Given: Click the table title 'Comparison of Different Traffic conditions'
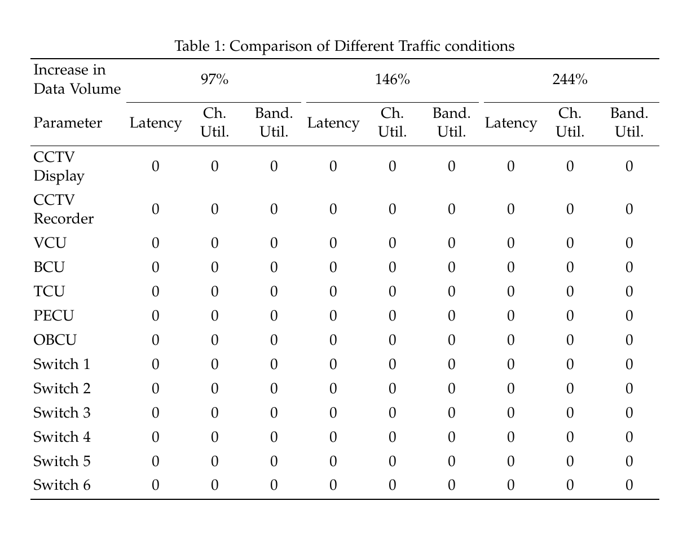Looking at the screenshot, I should tap(344, 46).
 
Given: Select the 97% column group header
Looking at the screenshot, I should tap(214, 80).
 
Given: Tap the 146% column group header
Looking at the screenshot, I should tap(392, 80).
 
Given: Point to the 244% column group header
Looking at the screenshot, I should tap(570, 80).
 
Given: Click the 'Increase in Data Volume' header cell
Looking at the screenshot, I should tap(77, 80).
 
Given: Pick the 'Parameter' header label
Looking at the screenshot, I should tap(68, 123).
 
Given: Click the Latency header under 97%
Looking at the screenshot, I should tap(156, 123).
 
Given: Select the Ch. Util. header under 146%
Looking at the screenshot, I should tap(392, 123).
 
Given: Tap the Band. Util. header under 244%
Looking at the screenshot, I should tap(629, 123).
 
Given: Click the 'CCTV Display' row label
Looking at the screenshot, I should tap(59, 166).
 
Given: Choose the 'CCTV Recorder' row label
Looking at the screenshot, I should tap(63, 209).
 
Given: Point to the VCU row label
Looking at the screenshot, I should tap(50, 243).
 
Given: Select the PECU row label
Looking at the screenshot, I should tap(54, 316).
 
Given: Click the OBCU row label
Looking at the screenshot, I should tap(55, 340).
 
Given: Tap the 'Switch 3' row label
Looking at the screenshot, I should tap(61, 413).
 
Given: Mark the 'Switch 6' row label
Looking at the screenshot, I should tap(61, 485).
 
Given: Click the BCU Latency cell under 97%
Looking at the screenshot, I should tap(156, 267).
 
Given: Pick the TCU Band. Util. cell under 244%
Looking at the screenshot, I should tap(629, 292).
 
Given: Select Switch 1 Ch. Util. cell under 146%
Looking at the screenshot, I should tap(392, 364).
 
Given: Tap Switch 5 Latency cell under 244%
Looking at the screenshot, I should tap(510, 462).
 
